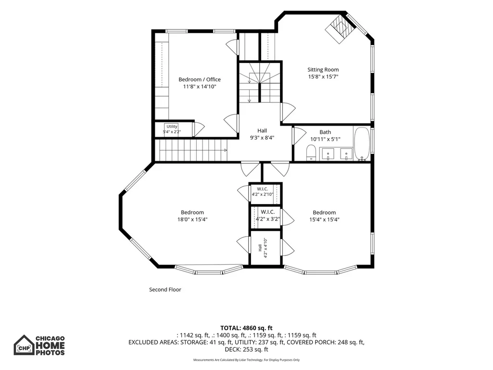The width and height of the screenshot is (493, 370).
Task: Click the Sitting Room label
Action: point(323,70)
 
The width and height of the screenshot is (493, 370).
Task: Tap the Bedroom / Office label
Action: point(200,79)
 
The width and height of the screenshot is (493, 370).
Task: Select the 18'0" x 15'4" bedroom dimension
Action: point(192,219)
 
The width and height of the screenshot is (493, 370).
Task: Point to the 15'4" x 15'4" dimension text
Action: point(324,219)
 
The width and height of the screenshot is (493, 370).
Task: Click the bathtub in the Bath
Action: point(362,144)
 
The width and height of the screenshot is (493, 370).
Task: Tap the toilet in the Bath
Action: point(311,153)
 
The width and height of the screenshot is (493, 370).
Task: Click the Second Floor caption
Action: point(165,290)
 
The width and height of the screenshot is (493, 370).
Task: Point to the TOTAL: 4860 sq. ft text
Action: point(246,328)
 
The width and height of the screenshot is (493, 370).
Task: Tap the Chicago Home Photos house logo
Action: point(24,345)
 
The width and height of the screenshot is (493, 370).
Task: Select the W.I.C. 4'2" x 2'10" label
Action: point(263,191)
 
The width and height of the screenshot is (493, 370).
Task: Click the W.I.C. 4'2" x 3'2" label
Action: point(267,216)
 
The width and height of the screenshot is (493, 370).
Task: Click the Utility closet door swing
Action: point(199,129)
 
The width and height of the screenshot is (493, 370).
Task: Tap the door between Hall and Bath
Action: point(299,136)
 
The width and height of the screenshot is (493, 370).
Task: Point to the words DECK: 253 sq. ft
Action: point(246,349)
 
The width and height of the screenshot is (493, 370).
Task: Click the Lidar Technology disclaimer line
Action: point(246,360)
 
